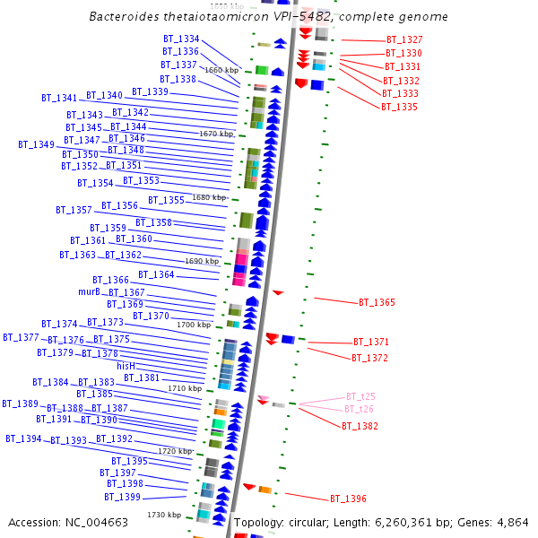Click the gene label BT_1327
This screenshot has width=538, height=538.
pyautogui.click(x=404, y=40)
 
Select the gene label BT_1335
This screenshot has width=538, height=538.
pyautogui.click(x=399, y=107)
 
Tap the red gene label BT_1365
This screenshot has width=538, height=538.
pyautogui.click(x=377, y=303)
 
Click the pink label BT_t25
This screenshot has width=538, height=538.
pyautogui.click(x=360, y=396)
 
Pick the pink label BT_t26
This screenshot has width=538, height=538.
pyautogui.click(x=359, y=410)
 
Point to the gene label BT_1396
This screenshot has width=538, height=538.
pyautogui.click(x=348, y=499)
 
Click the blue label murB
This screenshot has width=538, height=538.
pyautogui.click(x=89, y=292)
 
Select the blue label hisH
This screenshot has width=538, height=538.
pyautogui.click(x=126, y=366)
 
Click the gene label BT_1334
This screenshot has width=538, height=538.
pyautogui.click(x=181, y=39)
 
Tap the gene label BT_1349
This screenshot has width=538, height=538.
pyautogui.click(x=36, y=144)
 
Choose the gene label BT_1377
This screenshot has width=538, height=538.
pyautogui.click(x=21, y=337)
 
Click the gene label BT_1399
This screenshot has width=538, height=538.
pyautogui.click(x=122, y=497)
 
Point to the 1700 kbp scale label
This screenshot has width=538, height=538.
pyautogui.click(x=194, y=325)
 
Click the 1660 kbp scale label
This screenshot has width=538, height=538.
pyautogui.click(x=221, y=70)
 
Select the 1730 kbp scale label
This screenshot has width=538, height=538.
pyautogui.click(x=165, y=515)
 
